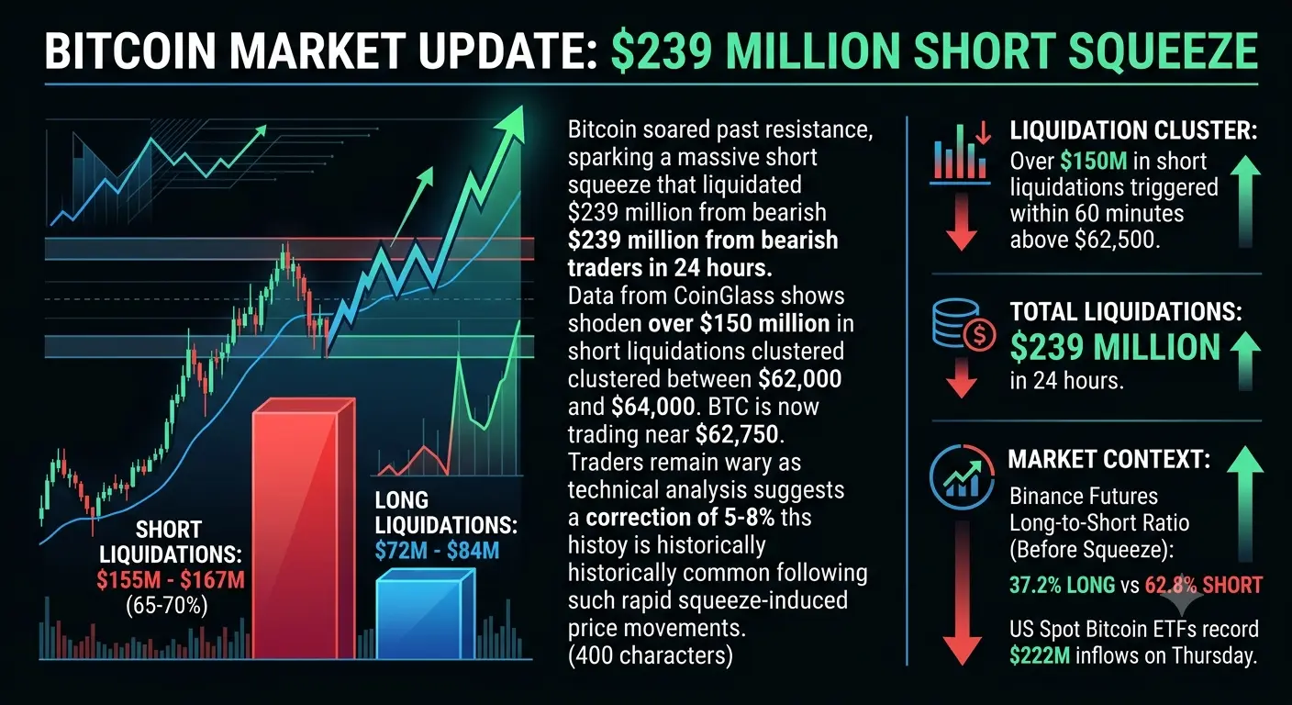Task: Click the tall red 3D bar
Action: (x=304, y=528)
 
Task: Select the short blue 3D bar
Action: (x=426, y=614)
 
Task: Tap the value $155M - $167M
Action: (x=171, y=579)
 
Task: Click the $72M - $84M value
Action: (x=437, y=551)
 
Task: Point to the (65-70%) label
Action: (x=167, y=605)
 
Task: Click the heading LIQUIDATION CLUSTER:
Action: (x=1133, y=130)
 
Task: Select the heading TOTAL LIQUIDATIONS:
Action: (x=1126, y=311)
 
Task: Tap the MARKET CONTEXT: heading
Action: (x=1108, y=459)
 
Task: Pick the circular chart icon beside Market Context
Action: (x=962, y=477)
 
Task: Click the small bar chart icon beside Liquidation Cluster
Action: (x=961, y=153)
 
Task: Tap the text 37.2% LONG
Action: (x=1062, y=585)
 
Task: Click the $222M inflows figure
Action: (x=1040, y=656)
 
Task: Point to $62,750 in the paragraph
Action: (x=737, y=434)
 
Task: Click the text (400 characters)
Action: (x=650, y=656)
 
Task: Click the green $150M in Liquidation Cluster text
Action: (x=1093, y=161)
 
